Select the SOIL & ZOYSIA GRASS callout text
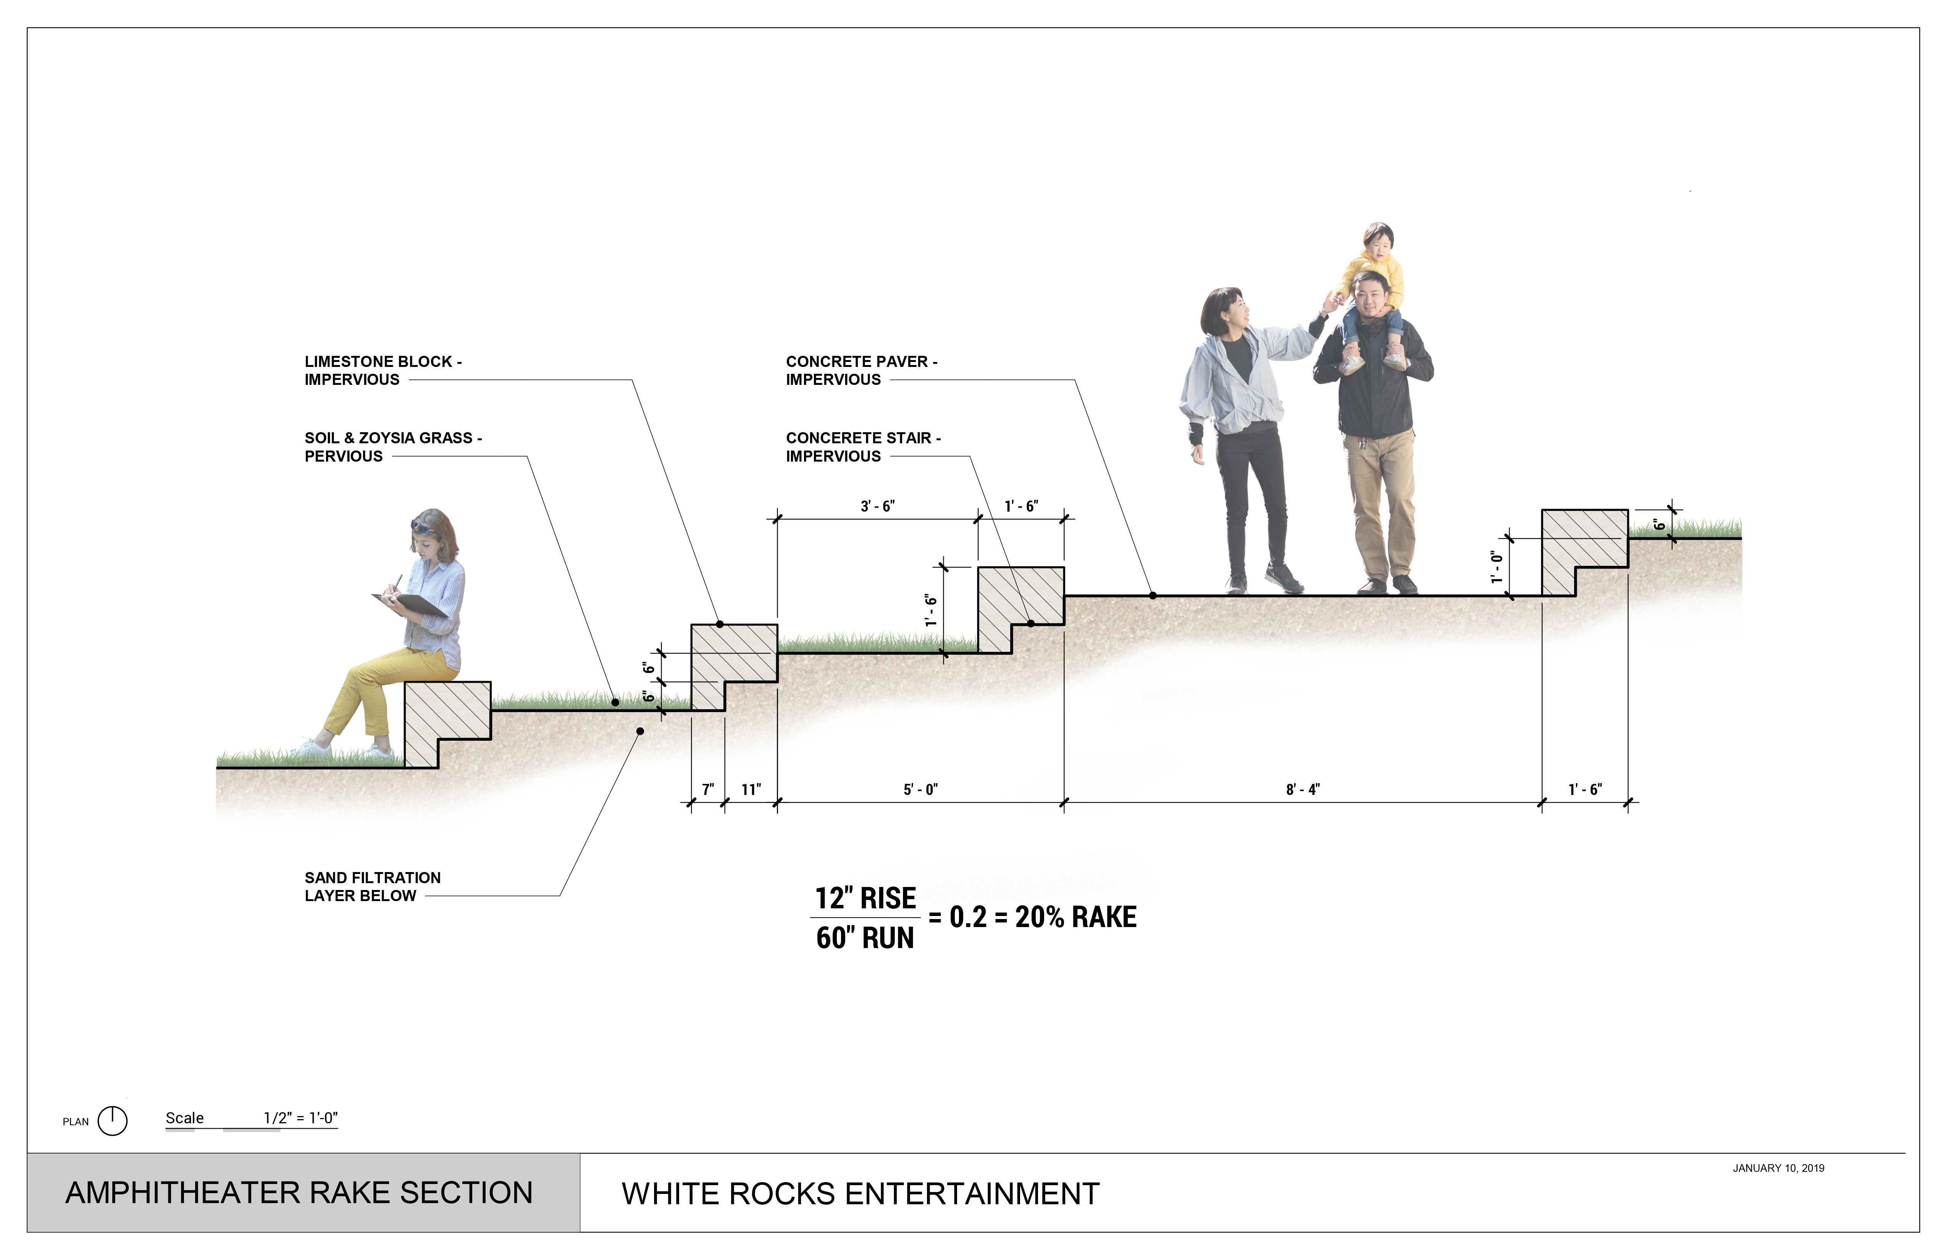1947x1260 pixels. click(x=393, y=447)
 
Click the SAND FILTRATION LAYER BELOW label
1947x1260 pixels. click(x=372, y=886)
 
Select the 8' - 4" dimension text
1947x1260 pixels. click(x=1302, y=790)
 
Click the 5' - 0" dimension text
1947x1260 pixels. click(x=920, y=790)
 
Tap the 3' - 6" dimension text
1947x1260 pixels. click(x=877, y=506)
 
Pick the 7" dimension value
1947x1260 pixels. click(x=708, y=790)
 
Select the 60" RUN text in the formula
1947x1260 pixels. click(x=865, y=938)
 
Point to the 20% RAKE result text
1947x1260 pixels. click(x=1076, y=917)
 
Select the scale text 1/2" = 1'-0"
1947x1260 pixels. click(x=300, y=1118)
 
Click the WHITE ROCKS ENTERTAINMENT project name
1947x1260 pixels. click(x=860, y=1194)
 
